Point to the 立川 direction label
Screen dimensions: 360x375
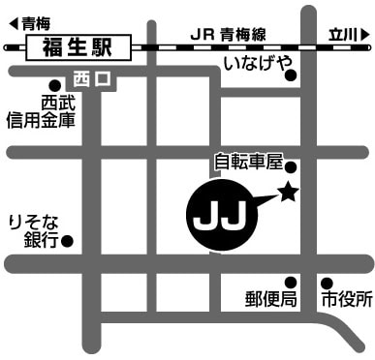point(343,33)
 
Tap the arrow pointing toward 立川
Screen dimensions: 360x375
point(365,33)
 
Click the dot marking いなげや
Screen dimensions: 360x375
point(290,82)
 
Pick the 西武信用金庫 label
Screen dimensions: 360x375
point(41,109)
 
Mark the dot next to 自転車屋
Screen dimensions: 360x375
point(290,166)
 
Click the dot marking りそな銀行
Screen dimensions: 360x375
point(66,240)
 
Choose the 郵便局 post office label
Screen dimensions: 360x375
point(270,299)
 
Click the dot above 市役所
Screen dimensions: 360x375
point(326,282)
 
